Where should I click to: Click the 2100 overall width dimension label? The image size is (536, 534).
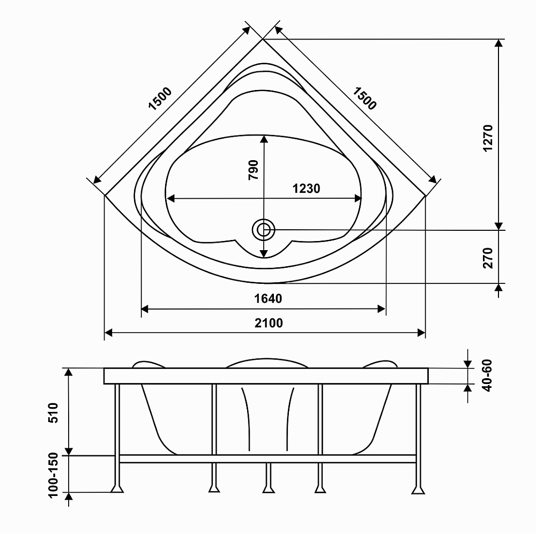tap(269, 323)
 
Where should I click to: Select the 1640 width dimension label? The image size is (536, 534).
tap(268, 299)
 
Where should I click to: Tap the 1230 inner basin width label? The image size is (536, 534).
tap(306, 188)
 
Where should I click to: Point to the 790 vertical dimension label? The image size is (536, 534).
tap(254, 170)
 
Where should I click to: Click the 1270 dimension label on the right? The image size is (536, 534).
tap(488, 138)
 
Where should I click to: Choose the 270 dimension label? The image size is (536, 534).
tap(488, 258)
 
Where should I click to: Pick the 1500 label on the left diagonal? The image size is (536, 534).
tap(160, 99)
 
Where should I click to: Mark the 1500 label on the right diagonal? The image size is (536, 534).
tap(364, 99)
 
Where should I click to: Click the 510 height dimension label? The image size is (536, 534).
tap(53, 413)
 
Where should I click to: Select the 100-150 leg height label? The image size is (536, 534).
tap(53, 475)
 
